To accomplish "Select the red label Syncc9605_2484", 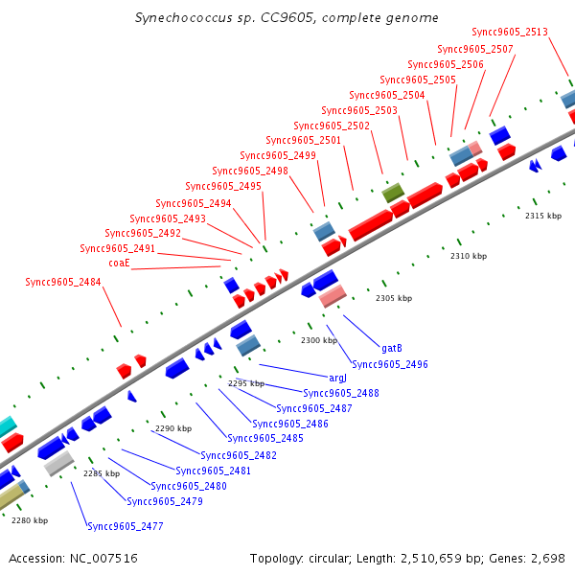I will click(63, 282).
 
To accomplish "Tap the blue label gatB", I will click(392, 348).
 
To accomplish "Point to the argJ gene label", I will click(338, 379).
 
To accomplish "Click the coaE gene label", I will click(119, 263).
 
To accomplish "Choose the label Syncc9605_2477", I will click(126, 526).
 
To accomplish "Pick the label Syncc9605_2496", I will click(390, 364).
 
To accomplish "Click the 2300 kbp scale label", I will click(319, 340).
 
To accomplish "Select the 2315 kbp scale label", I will click(543, 216).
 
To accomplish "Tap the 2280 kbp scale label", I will click(30, 520).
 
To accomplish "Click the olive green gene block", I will click(393, 193).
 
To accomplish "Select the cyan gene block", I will click(6, 425).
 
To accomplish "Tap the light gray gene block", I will click(59, 464).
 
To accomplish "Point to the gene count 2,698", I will click(549, 558).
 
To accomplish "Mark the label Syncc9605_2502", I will click(332, 126).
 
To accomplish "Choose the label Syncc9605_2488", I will click(341, 393).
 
